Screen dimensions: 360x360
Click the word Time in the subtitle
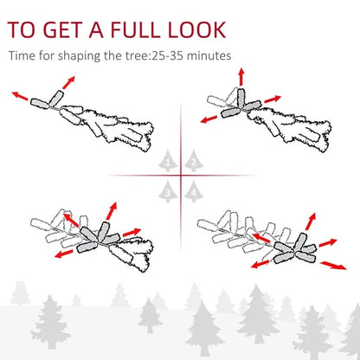click(x=23, y=57)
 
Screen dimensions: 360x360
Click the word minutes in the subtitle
click(x=211, y=57)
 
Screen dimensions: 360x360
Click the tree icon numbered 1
click(x=170, y=161)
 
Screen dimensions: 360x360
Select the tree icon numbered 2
click(x=193, y=161)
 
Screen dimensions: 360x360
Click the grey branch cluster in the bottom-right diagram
click(x=292, y=247)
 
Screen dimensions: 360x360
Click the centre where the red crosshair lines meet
click(x=182, y=175)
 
